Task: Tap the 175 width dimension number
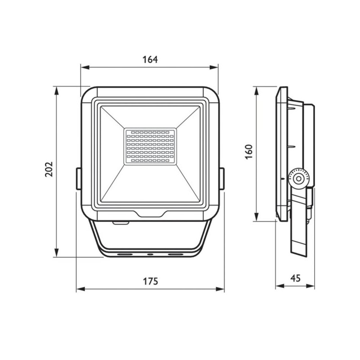(x=150, y=282)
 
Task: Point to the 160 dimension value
(x=249, y=152)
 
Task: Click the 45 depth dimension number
(x=295, y=278)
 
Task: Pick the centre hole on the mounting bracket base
(x=150, y=255)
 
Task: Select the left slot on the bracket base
(x=126, y=255)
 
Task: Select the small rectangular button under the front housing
(x=120, y=222)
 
